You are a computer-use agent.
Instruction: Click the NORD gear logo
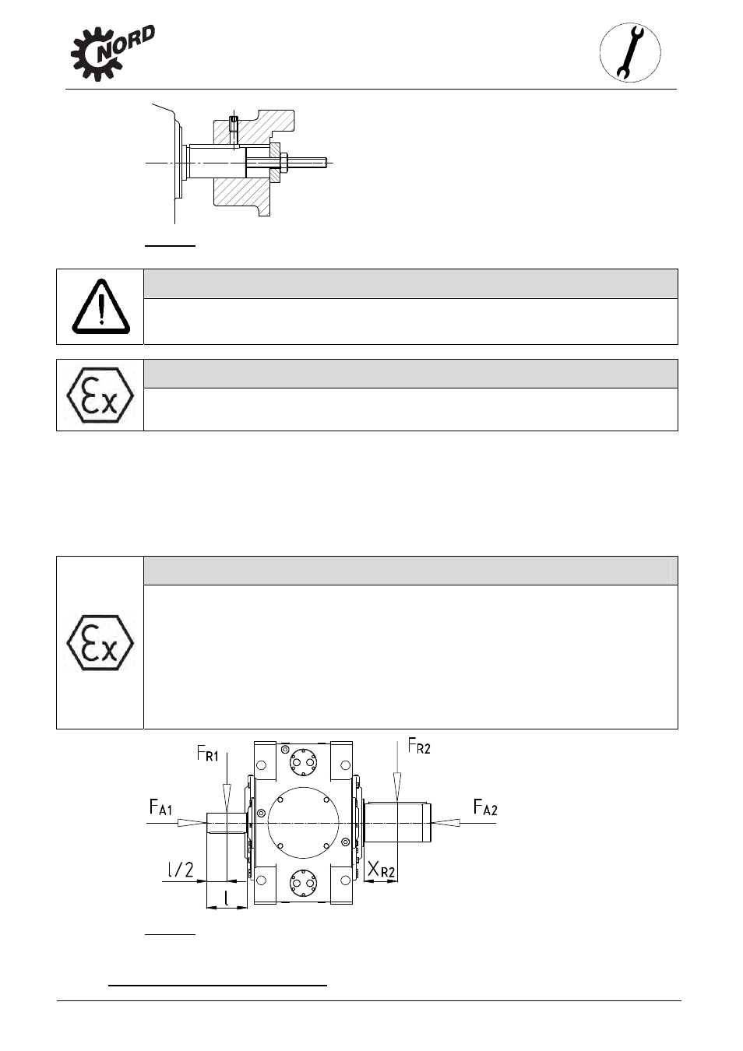113,53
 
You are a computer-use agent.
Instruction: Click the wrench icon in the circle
630,53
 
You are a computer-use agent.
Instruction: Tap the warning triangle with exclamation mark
101,307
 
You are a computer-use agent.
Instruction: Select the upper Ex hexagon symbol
100,395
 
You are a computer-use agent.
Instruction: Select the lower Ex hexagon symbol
100,642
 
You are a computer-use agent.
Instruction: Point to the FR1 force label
207,754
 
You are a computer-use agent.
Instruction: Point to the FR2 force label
419,746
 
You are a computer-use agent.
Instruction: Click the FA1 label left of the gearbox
160,807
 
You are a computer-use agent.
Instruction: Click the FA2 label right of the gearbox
485,807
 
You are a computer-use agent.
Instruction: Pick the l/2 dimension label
181,870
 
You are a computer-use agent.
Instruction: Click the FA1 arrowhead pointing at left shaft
192,822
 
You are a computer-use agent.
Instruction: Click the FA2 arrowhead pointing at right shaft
445,822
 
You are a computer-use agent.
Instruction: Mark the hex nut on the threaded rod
283,163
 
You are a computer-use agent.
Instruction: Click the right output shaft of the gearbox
397,822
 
